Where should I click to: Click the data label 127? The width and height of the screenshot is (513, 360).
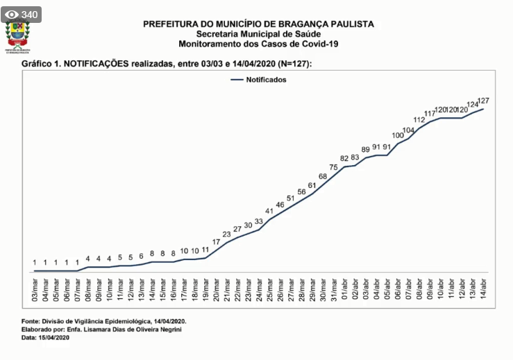pyautogui.click(x=485, y=101)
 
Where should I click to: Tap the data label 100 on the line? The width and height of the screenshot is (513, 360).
pyautogui.click(x=398, y=135)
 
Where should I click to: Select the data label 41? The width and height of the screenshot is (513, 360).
pyautogui.click(x=269, y=211)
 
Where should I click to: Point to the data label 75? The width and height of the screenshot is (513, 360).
pyautogui.click(x=333, y=167)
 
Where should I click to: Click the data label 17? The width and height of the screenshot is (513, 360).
pyautogui.click(x=216, y=242)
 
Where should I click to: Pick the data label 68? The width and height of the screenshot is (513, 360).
pyautogui.click(x=323, y=177)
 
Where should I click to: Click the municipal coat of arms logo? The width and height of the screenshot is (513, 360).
pyautogui.click(x=18, y=36)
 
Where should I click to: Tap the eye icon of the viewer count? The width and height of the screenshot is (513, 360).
pyautogui.click(x=11, y=15)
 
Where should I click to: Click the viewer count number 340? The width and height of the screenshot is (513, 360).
pyautogui.click(x=29, y=15)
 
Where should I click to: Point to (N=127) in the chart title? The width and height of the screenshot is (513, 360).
pyautogui.click(x=294, y=63)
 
